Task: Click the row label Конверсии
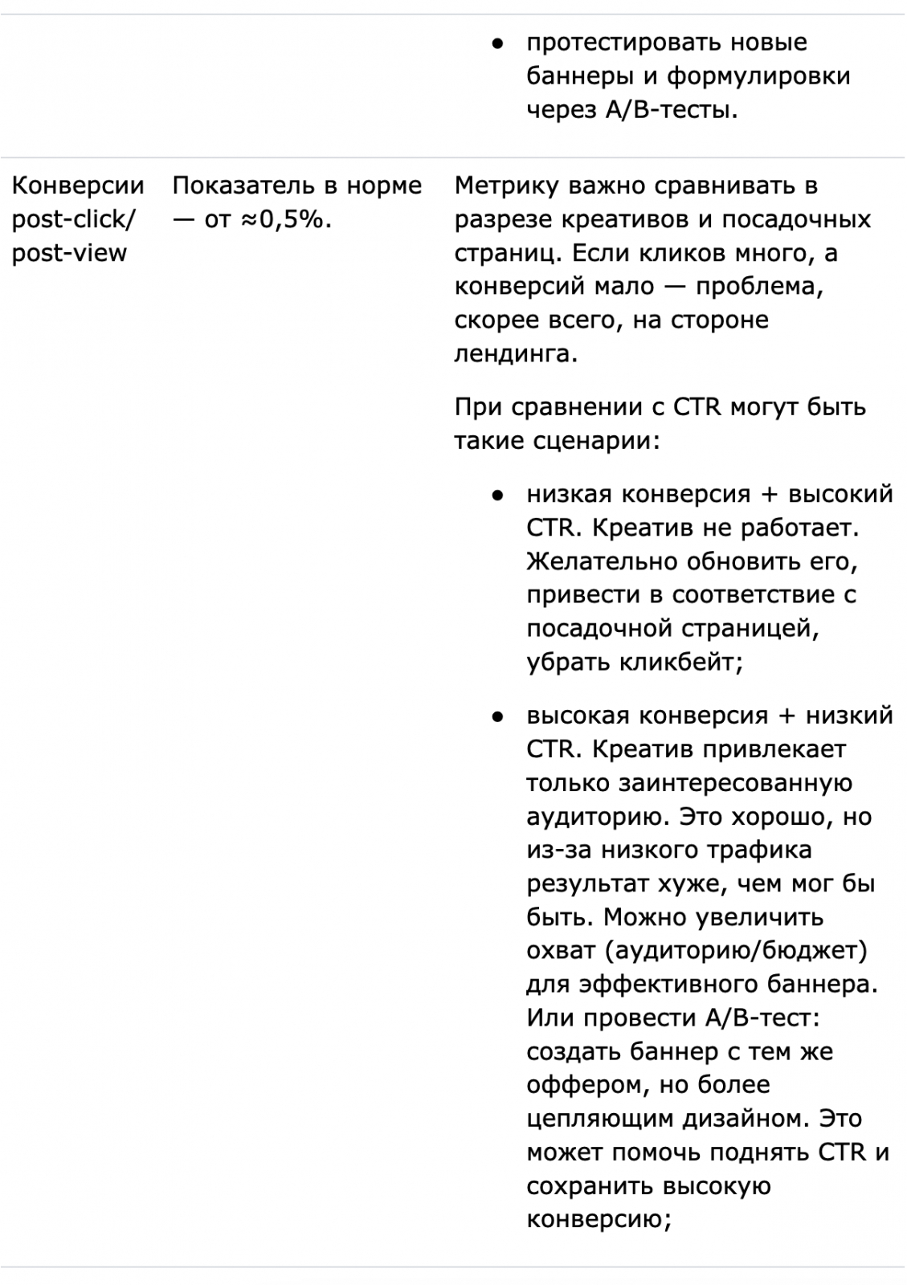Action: point(78,186)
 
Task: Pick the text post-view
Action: point(69,253)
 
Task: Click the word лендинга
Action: point(515,353)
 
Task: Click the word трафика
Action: point(761,850)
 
